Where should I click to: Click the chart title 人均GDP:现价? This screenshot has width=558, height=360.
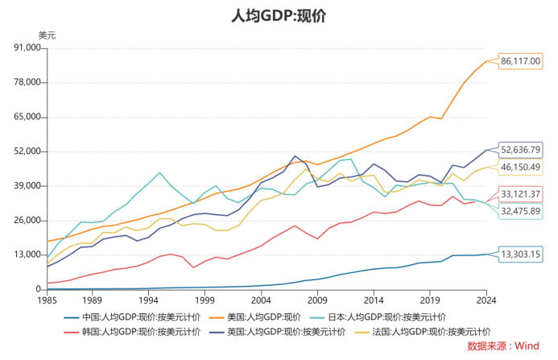(x=278, y=16)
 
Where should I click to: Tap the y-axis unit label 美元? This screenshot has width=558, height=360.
(x=48, y=35)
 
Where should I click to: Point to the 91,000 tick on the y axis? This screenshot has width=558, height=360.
(x=27, y=48)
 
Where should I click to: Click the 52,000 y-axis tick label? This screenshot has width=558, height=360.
(x=27, y=151)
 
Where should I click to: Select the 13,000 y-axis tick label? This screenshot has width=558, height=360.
(x=27, y=254)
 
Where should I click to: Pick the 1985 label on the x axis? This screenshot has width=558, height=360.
(x=48, y=300)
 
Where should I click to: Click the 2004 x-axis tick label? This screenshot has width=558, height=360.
(x=261, y=300)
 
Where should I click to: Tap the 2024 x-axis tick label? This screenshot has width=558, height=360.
(x=486, y=300)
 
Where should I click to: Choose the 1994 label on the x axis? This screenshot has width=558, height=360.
(x=148, y=300)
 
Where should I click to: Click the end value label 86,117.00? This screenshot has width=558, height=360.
(x=521, y=61)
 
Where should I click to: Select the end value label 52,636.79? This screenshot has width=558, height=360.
(x=521, y=150)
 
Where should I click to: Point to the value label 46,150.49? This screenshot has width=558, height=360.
(x=521, y=168)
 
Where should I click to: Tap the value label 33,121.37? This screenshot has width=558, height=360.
(x=521, y=194)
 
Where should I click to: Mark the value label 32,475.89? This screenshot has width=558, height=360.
(x=521, y=211)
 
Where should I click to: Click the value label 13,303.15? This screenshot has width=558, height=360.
(x=521, y=254)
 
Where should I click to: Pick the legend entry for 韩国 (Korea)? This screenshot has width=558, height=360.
(x=134, y=331)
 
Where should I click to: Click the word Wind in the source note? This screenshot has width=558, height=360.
(x=527, y=346)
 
